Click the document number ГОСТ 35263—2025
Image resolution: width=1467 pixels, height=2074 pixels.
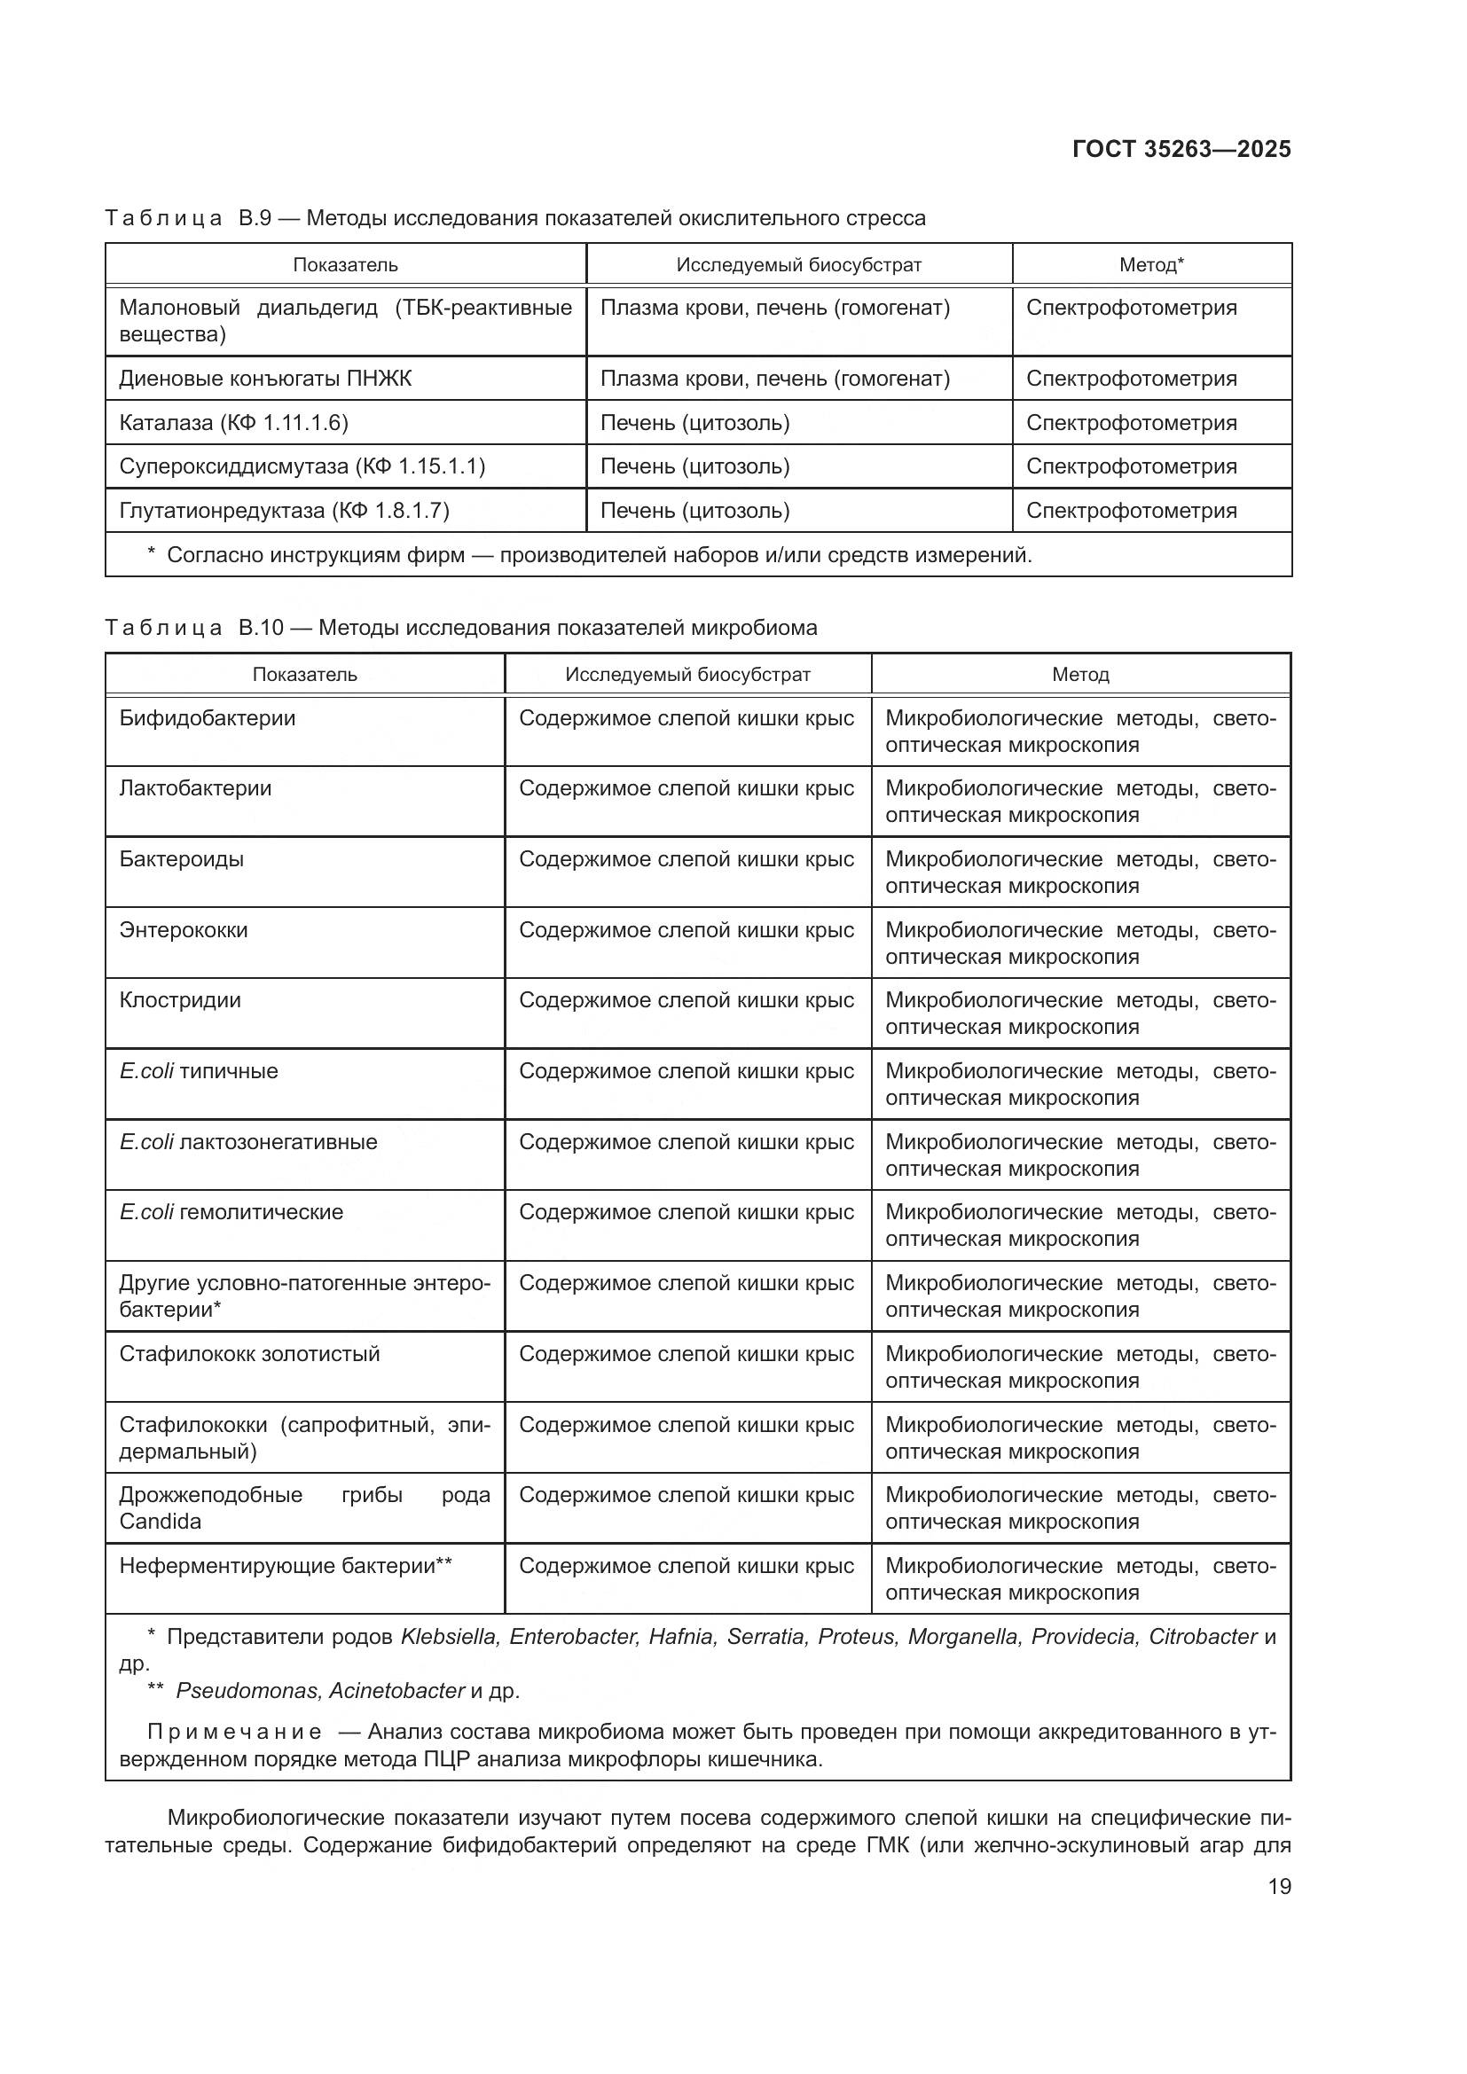tap(1181, 149)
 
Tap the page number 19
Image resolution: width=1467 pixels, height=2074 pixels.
tap(1279, 1886)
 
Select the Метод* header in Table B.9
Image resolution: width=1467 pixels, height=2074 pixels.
tap(1151, 264)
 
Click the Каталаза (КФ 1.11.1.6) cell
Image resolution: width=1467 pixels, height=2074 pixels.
tap(233, 423)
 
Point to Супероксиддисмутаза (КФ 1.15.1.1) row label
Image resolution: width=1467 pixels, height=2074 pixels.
tap(302, 466)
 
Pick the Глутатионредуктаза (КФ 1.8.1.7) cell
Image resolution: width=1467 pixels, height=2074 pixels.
tap(284, 511)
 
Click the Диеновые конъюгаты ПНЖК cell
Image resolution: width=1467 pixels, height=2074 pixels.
tap(264, 379)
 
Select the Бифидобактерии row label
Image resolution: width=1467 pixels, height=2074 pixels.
tap(207, 718)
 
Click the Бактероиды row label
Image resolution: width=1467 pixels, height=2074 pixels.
tap(181, 858)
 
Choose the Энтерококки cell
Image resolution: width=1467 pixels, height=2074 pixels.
tap(183, 929)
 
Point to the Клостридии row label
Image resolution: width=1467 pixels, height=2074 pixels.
tap(180, 1000)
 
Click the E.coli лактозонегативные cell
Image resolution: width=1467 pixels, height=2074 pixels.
tap(247, 1142)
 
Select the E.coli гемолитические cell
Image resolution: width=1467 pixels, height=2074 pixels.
tap(231, 1211)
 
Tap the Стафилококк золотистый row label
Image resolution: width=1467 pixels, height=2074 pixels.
tap(249, 1353)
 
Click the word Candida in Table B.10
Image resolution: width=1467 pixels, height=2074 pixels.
tap(160, 1522)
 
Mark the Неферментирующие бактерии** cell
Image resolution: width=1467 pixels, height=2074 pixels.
tap(286, 1565)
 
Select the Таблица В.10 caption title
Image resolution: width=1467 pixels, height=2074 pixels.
tap(459, 628)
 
